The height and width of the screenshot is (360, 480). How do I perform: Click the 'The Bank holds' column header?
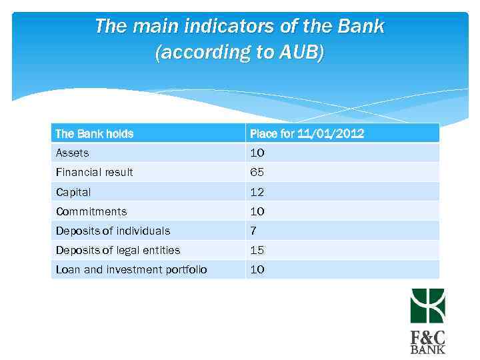click(x=95, y=134)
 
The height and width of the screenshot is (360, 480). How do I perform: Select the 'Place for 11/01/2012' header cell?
click(x=307, y=134)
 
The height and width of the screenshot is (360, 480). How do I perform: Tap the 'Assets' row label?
click(x=72, y=153)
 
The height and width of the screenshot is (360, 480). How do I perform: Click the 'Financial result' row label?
click(x=95, y=173)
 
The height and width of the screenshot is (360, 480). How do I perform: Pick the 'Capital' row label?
click(x=73, y=192)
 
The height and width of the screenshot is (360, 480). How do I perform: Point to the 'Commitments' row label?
click(x=91, y=211)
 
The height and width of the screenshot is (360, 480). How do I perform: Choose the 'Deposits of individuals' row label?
click(x=113, y=231)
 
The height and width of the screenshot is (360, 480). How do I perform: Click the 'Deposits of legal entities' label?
click(x=118, y=250)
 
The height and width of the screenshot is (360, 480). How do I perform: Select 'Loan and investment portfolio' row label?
click(x=131, y=269)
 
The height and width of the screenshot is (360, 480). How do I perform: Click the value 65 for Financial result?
click(x=257, y=173)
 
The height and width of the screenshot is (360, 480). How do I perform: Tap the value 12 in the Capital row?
click(x=257, y=192)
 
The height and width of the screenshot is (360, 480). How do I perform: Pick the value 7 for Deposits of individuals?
click(x=254, y=231)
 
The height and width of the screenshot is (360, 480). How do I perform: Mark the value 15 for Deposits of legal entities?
click(x=257, y=250)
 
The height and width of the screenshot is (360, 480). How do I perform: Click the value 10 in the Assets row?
click(x=257, y=153)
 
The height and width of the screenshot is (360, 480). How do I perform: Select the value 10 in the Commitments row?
click(x=257, y=211)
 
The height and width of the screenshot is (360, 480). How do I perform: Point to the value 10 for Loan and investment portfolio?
click(x=257, y=269)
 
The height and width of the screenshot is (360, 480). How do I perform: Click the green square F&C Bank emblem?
click(x=427, y=306)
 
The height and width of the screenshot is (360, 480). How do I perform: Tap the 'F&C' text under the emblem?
click(x=427, y=336)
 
